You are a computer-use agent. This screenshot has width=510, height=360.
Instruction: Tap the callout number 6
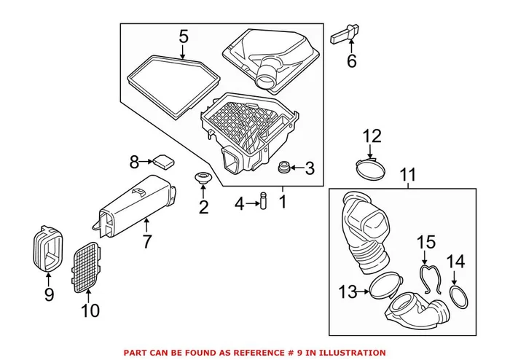pos(352,61)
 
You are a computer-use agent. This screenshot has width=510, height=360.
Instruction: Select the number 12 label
pos(372,136)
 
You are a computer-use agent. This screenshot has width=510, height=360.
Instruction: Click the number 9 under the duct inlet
pos(49,294)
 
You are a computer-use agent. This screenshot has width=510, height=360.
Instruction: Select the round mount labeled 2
pos(202,179)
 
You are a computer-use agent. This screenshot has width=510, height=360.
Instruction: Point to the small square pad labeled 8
pos(164,160)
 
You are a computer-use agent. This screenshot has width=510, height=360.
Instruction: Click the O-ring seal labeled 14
pos(457,297)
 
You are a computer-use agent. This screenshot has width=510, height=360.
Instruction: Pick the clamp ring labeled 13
pos(386,286)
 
